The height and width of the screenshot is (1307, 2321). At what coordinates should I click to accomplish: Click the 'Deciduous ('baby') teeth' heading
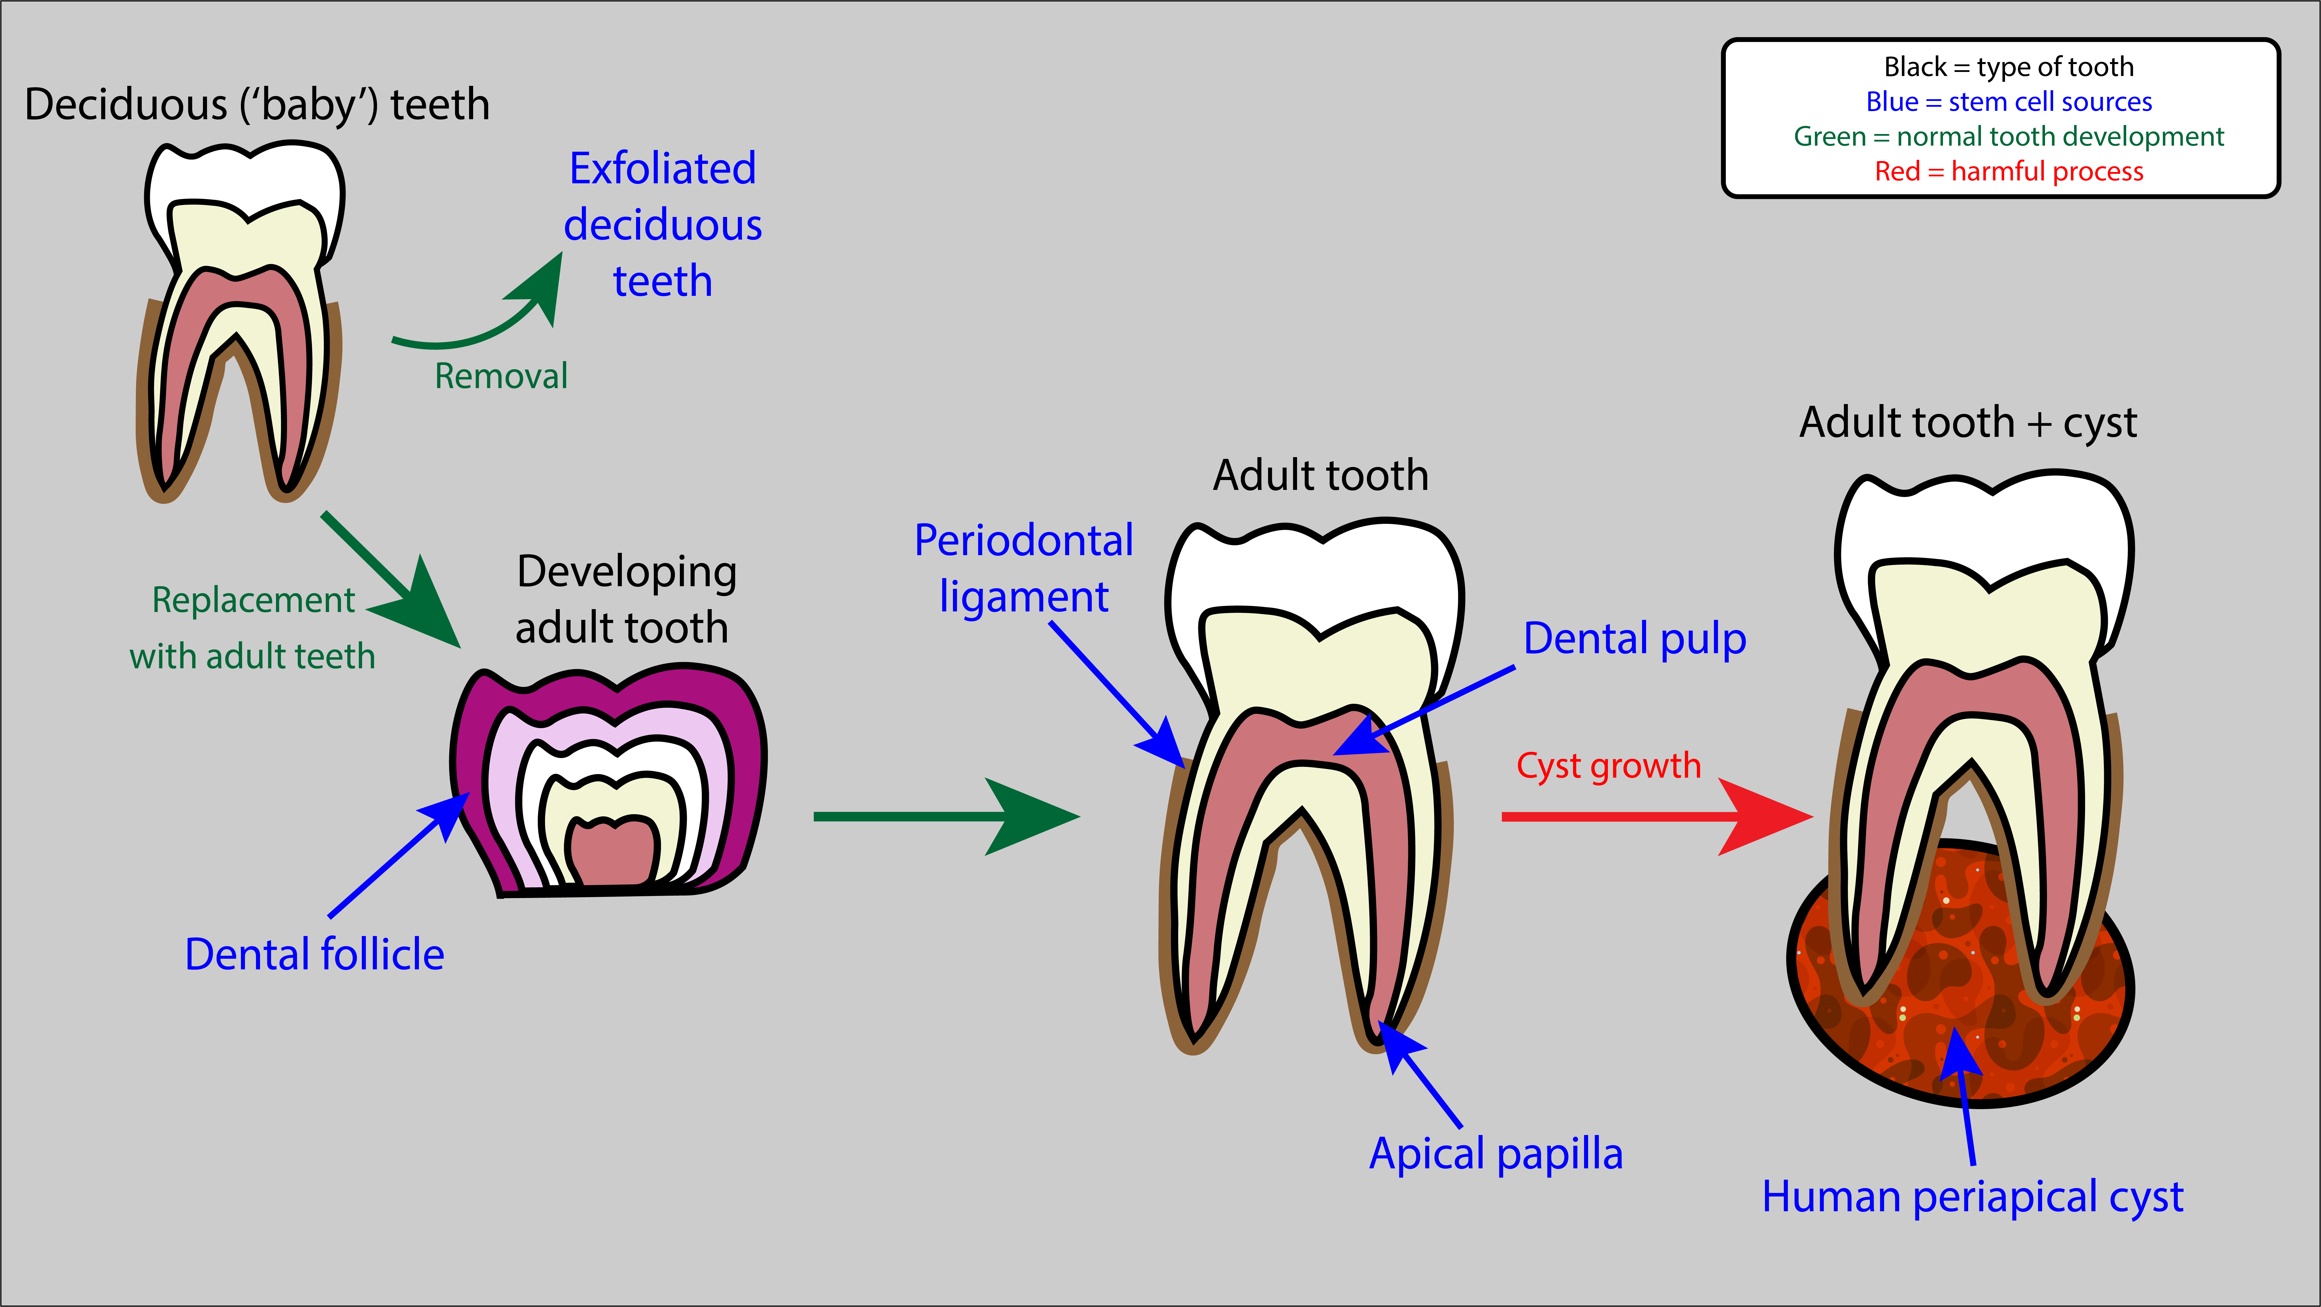tap(257, 104)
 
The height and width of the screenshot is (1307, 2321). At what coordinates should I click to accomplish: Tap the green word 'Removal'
tap(501, 376)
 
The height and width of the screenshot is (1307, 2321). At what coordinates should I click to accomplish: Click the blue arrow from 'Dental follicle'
tap(396, 856)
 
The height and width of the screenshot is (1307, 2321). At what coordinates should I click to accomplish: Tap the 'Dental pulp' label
tap(1634, 638)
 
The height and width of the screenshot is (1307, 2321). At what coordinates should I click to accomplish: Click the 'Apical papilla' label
tap(1496, 1154)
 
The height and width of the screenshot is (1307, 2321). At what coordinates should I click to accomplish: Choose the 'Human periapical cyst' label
tap(1972, 1197)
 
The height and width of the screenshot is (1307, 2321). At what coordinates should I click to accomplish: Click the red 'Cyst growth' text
tap(1608, 766)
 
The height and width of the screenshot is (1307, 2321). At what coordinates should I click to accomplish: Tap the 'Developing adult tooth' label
tap(625, 600)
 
